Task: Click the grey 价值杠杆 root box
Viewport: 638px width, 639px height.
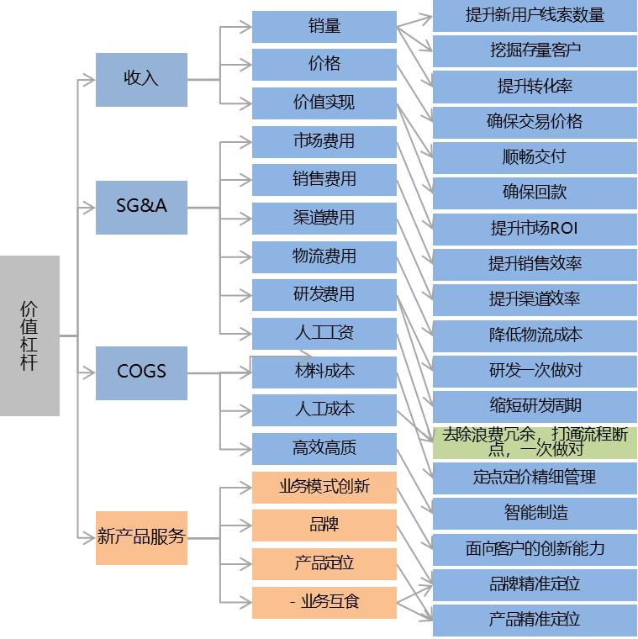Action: pos(29,335)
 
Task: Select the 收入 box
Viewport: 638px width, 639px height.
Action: pos(141,79)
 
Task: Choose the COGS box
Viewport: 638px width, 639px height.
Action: pos(141,372)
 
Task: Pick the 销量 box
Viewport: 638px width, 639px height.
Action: pos(324,27)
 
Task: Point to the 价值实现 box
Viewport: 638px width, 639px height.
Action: pos(324,103)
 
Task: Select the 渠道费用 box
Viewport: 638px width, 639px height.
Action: pos(324,219)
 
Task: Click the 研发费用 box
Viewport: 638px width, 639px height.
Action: pos(324,295)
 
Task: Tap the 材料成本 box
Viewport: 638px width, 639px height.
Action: pos(324,372)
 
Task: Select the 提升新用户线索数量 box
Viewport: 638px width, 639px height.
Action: pos(535,16)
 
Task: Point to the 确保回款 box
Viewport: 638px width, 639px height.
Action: pos(535,193)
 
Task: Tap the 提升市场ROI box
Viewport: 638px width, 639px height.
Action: pos(535,229)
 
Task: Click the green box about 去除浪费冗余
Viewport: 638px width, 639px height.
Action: pos(535,442)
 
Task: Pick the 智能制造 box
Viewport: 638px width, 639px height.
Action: pos(535,513)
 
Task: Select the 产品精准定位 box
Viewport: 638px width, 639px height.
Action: pos(535,621)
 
